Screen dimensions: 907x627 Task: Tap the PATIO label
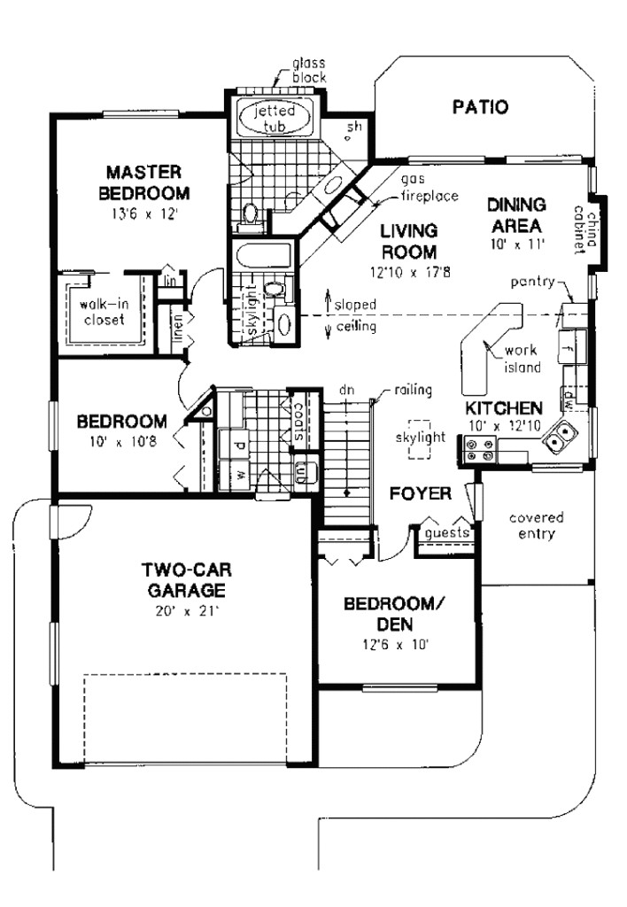pyautogui.click(x=480, y=108)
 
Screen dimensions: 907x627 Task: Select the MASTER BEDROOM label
pyautogui.click(x=143, y=182)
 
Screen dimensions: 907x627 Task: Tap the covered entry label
pyautogui.click(x=537, y=525)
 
